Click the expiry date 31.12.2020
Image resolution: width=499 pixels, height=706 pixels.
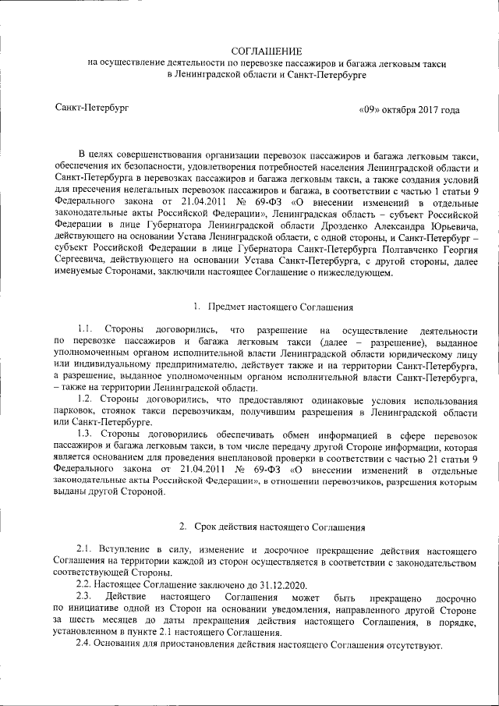[x=278, y=585]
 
